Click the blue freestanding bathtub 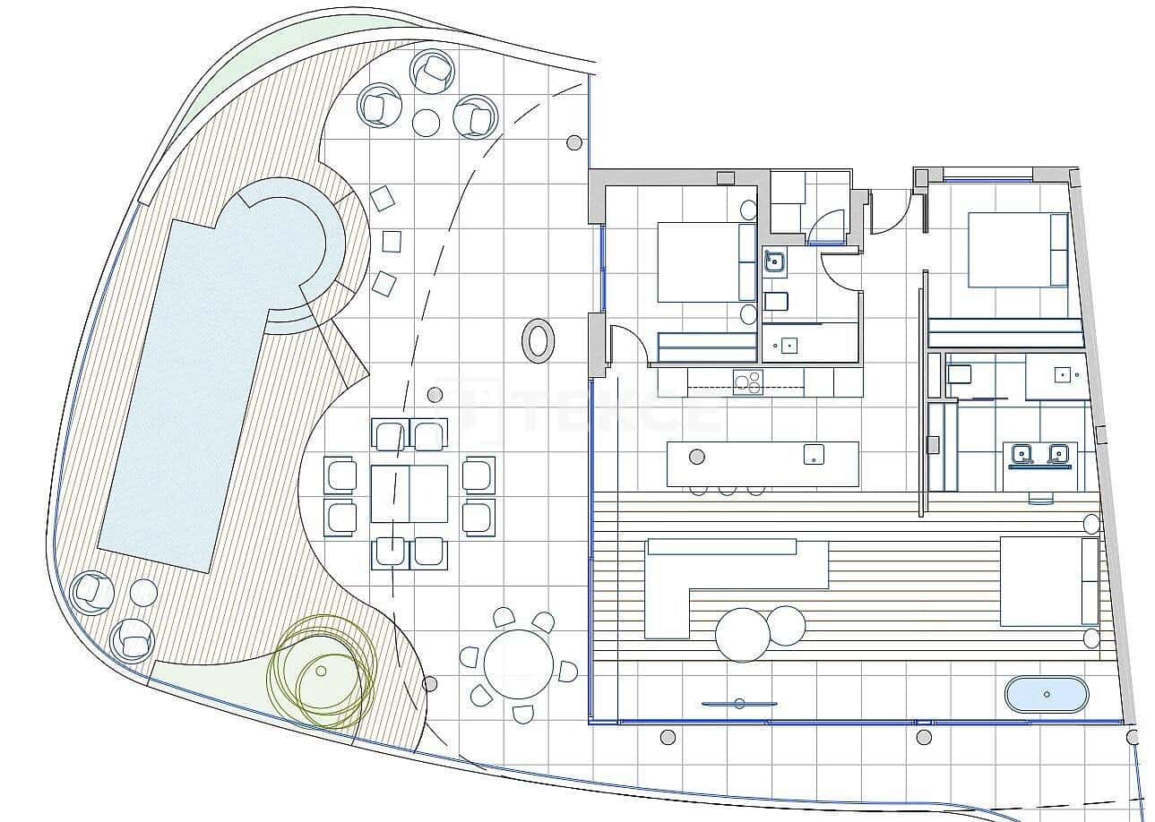point(1046,694)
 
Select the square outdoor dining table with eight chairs point(409,493)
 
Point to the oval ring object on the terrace point(538,340)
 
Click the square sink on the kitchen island point(814,454)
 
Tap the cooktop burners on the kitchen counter point(747,382)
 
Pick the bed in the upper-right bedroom point(1017,249)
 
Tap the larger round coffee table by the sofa point(742,634)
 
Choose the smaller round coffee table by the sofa point(786,626)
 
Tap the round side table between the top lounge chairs point(427,121)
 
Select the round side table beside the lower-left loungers point(143,592)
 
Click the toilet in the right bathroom point(957,376)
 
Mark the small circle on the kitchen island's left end point(696,457)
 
